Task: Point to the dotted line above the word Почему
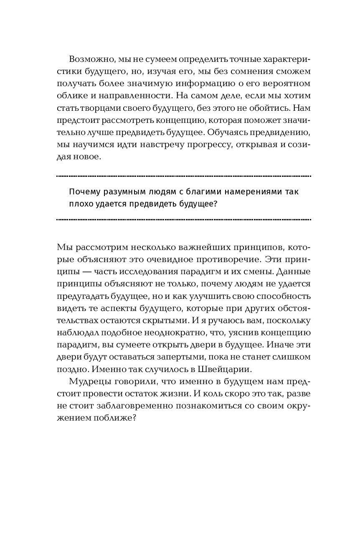(x=183, y=176)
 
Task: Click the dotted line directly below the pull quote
(x=183, y=219)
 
